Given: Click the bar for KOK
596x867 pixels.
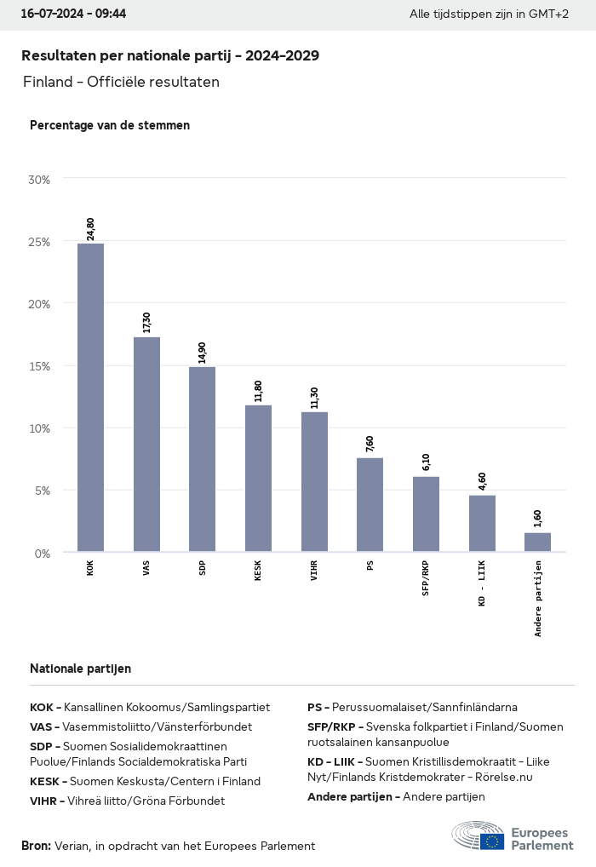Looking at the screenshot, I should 90,398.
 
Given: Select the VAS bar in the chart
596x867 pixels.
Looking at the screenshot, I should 146,445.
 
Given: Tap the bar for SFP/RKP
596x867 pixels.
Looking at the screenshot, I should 426,514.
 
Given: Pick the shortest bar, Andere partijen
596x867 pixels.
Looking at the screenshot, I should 537,543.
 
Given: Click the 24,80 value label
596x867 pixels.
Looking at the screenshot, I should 90,228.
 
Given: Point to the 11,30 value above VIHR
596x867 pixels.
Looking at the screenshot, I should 314,398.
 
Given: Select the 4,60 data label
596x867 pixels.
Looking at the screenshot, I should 482,481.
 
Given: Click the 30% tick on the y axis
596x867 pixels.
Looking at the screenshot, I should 39,180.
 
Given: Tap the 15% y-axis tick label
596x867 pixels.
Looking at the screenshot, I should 39,366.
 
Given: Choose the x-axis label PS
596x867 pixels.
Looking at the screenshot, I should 370,565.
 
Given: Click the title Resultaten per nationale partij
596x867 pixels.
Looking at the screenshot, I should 170,55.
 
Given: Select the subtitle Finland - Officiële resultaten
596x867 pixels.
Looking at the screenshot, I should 121,83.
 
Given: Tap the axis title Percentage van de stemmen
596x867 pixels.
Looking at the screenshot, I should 110,125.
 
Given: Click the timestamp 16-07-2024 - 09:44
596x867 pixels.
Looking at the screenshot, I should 73,14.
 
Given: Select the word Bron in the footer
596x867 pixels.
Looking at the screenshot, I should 36,846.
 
